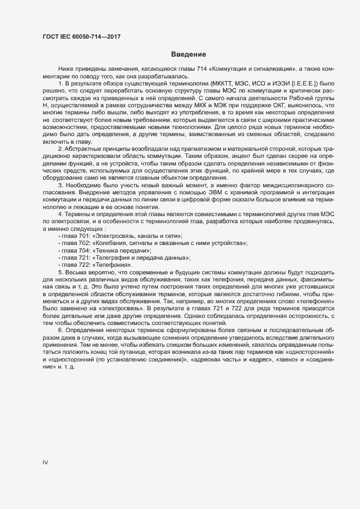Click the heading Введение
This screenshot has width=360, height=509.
click(188, 54)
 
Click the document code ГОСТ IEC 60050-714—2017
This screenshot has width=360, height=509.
click(81, 36)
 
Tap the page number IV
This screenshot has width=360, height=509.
click(45, 463)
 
